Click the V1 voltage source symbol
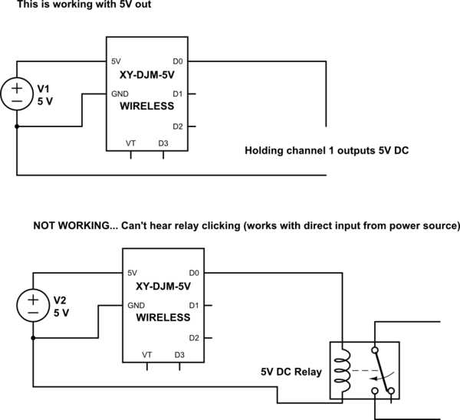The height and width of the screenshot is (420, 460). [x=17, y=94]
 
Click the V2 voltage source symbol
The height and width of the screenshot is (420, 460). [x=33, y=305]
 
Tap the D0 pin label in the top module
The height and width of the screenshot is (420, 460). [x=177, y=61]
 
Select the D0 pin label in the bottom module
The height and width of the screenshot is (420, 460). [x=194, y=272]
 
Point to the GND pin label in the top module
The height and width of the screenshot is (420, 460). [x=120, y=94]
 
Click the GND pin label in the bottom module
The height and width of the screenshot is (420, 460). [x=136, y=305]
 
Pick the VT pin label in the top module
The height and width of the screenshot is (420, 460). [x=131, y=143]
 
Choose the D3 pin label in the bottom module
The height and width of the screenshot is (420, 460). [x=179, y=355]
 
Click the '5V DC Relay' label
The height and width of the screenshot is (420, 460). [x=289, y=372]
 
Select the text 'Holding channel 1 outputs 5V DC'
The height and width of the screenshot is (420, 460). [x=326, y=150]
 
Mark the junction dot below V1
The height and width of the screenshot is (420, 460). [x=17, y=126]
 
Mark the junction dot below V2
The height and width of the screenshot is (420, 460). [x=33, y=338]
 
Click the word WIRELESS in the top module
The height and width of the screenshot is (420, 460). [x=146, y=107]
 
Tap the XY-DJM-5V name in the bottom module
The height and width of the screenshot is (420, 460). [x=163, y=286]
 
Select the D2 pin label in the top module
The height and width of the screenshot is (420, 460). [x=177, y=126]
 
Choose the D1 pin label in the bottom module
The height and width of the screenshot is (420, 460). [x=194, y=305]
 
